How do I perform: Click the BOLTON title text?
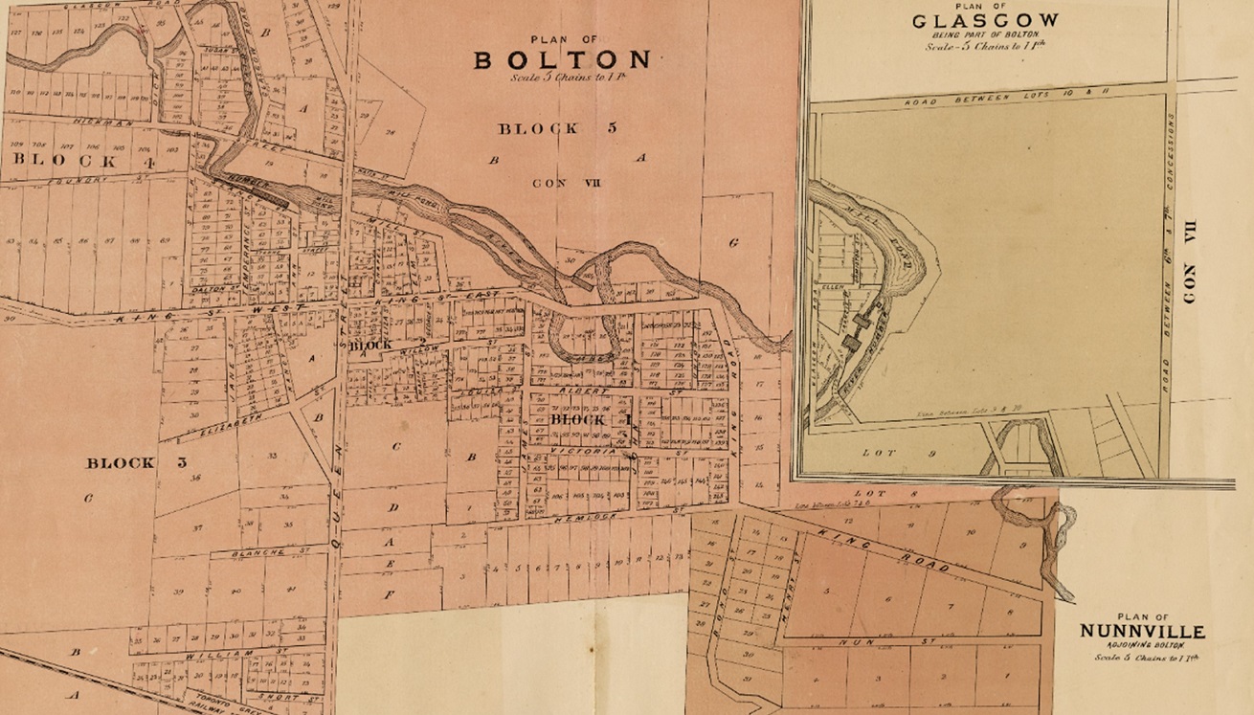click(564, 59)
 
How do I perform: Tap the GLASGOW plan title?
click(985, 20)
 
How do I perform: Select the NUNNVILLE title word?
click(1142, 632)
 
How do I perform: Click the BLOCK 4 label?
click(66, 162)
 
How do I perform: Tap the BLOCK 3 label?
click(121, 463)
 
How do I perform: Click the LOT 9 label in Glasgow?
click(885, 451)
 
